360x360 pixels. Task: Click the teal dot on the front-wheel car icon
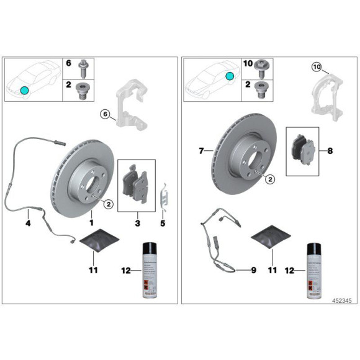[x=24, y=90]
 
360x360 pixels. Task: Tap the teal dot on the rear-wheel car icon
[x=230, y=76]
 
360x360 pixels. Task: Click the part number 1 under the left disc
[x=91, y=222]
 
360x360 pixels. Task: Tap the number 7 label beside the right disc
[x=201, y=151]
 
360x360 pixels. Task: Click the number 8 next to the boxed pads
[x=329, y=151]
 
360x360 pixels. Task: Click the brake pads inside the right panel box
[x=302, y=150]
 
